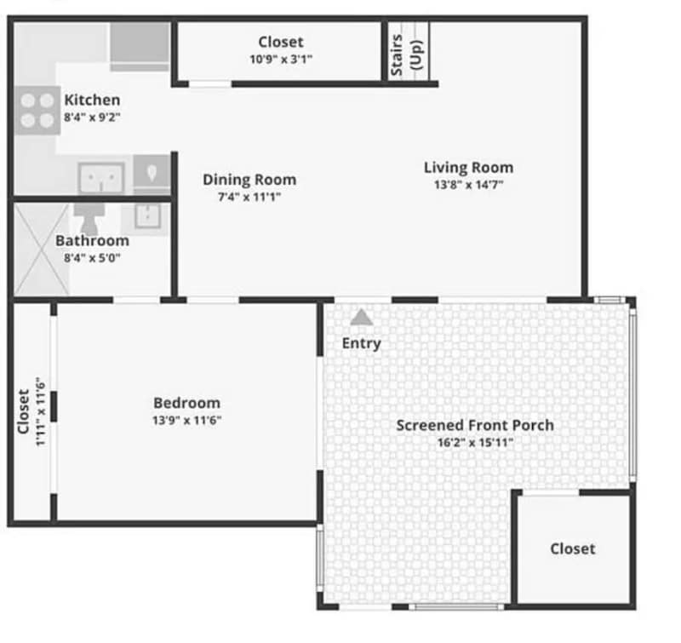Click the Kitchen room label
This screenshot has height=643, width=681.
[x=92, y=100]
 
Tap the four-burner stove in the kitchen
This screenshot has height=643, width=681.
[x=37, y=111]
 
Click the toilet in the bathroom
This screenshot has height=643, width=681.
[x=89, y=218]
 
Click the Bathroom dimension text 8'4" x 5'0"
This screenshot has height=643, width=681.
[x=92, y=257]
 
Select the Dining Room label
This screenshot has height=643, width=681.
[x=249, y=180]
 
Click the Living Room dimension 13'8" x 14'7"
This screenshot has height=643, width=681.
[x=468, y=184]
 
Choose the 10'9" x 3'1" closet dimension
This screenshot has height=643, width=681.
[x=280, y=60]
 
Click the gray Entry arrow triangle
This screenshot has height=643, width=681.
[x=362, y=317]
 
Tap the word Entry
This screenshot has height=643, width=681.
[x=362, y=343]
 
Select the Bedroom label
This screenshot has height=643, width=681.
[x=186, y=403]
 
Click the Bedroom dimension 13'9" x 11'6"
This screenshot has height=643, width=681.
[x=186, y=420]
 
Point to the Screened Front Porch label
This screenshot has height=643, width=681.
[x=475, y=425]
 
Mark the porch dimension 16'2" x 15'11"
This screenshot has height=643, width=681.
[x=475, y=442]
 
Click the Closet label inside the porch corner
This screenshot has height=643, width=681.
[x=573, y=548]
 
